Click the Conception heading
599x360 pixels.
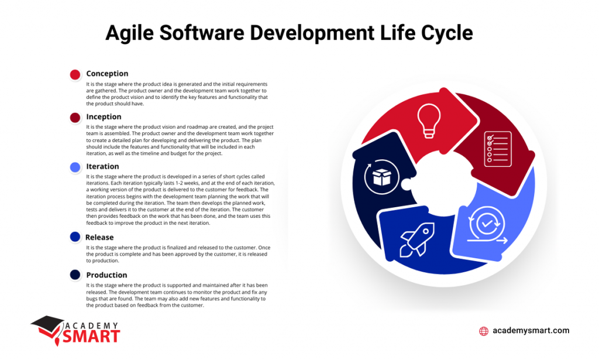pyautogui.click(x=107, y=74)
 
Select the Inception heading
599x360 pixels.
pyautogui.click(x=104, y=117)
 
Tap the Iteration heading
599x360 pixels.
pyautogui.click(x=102, y=166)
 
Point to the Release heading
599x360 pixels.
pyautogui.click(x=99, y=237)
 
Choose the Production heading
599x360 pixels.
pyautogui.click(x=106, y=275)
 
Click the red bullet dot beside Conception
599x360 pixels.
pyautogui.click(x=75, y=74)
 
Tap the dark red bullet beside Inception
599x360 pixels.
pyautogui.click(x=75, y=118)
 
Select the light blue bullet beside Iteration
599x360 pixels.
pyautogui.click(x=75, y=167)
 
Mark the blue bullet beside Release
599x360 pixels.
pyautogui.click(x=75, y=237)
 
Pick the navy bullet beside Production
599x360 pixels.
pyautogui.click(x=75, y=275)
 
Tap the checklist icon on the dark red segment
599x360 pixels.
pyautogui.click(x=498, y=149)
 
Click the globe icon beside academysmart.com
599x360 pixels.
pyautogui.click(x=484, y=331)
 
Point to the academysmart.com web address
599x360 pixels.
pyautogui.click(x=531, y=331)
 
